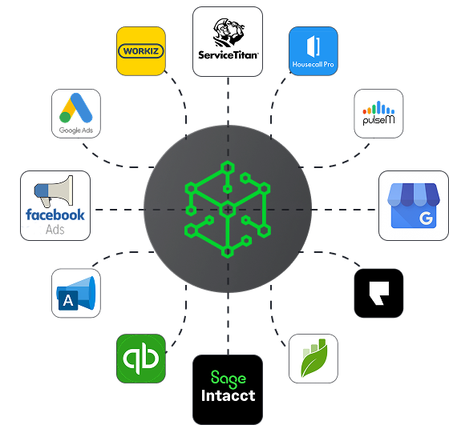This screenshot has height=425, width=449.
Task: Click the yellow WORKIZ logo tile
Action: (x=141, y=51)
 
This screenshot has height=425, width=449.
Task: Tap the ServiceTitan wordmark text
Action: (x=228, y=55)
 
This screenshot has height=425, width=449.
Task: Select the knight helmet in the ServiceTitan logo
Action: (x=229, y=32)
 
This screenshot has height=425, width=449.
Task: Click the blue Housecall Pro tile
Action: (x=313, y=51)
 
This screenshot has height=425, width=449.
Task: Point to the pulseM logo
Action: (x=378, y=113)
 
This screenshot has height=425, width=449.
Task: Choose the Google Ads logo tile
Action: (x=76, y=114)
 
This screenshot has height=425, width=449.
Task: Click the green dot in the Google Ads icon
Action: (x=65, y=117)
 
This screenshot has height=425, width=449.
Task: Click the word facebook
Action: (x=55, y=215)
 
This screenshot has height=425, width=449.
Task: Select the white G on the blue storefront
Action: (x=426, y=219)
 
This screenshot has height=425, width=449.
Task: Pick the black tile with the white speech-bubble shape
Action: (x=378, y=293)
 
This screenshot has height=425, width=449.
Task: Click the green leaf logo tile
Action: (x=313, y=359)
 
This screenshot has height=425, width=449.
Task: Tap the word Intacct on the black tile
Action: (x=228, y=395)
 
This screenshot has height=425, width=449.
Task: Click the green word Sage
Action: (x=229, y=379)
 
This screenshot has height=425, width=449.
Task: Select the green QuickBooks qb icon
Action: (x=141, y=359)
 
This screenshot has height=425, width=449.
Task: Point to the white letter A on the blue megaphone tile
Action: (x=68, y=301)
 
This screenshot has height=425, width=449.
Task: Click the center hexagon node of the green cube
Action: (x=228, y=210)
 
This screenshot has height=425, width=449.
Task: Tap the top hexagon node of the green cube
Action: (x=228, y=168)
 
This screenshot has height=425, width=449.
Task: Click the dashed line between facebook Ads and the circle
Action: (x=119, y=210)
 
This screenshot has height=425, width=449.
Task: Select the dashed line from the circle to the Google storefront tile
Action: (x=344, y=210)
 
